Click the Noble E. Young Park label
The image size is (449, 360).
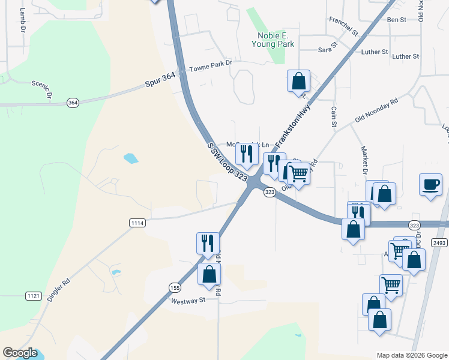[x=273, y=40]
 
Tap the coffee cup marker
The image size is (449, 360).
[x=430, y=185]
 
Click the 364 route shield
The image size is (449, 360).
[x=73, y=103]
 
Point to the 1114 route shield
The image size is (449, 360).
[x=137, y=223]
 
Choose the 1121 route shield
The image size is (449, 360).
[x=33, y=296]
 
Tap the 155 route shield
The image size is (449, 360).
[x=174, y=287]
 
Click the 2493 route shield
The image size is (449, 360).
[x=439, y=242]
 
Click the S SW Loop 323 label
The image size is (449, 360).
[x=228, y=161]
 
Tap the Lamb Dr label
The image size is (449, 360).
[x=23, y=20]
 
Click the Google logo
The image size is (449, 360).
[x=20, y=353]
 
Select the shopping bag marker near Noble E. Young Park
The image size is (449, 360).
[x=298, y=80]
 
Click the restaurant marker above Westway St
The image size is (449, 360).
[x=208, y=243]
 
